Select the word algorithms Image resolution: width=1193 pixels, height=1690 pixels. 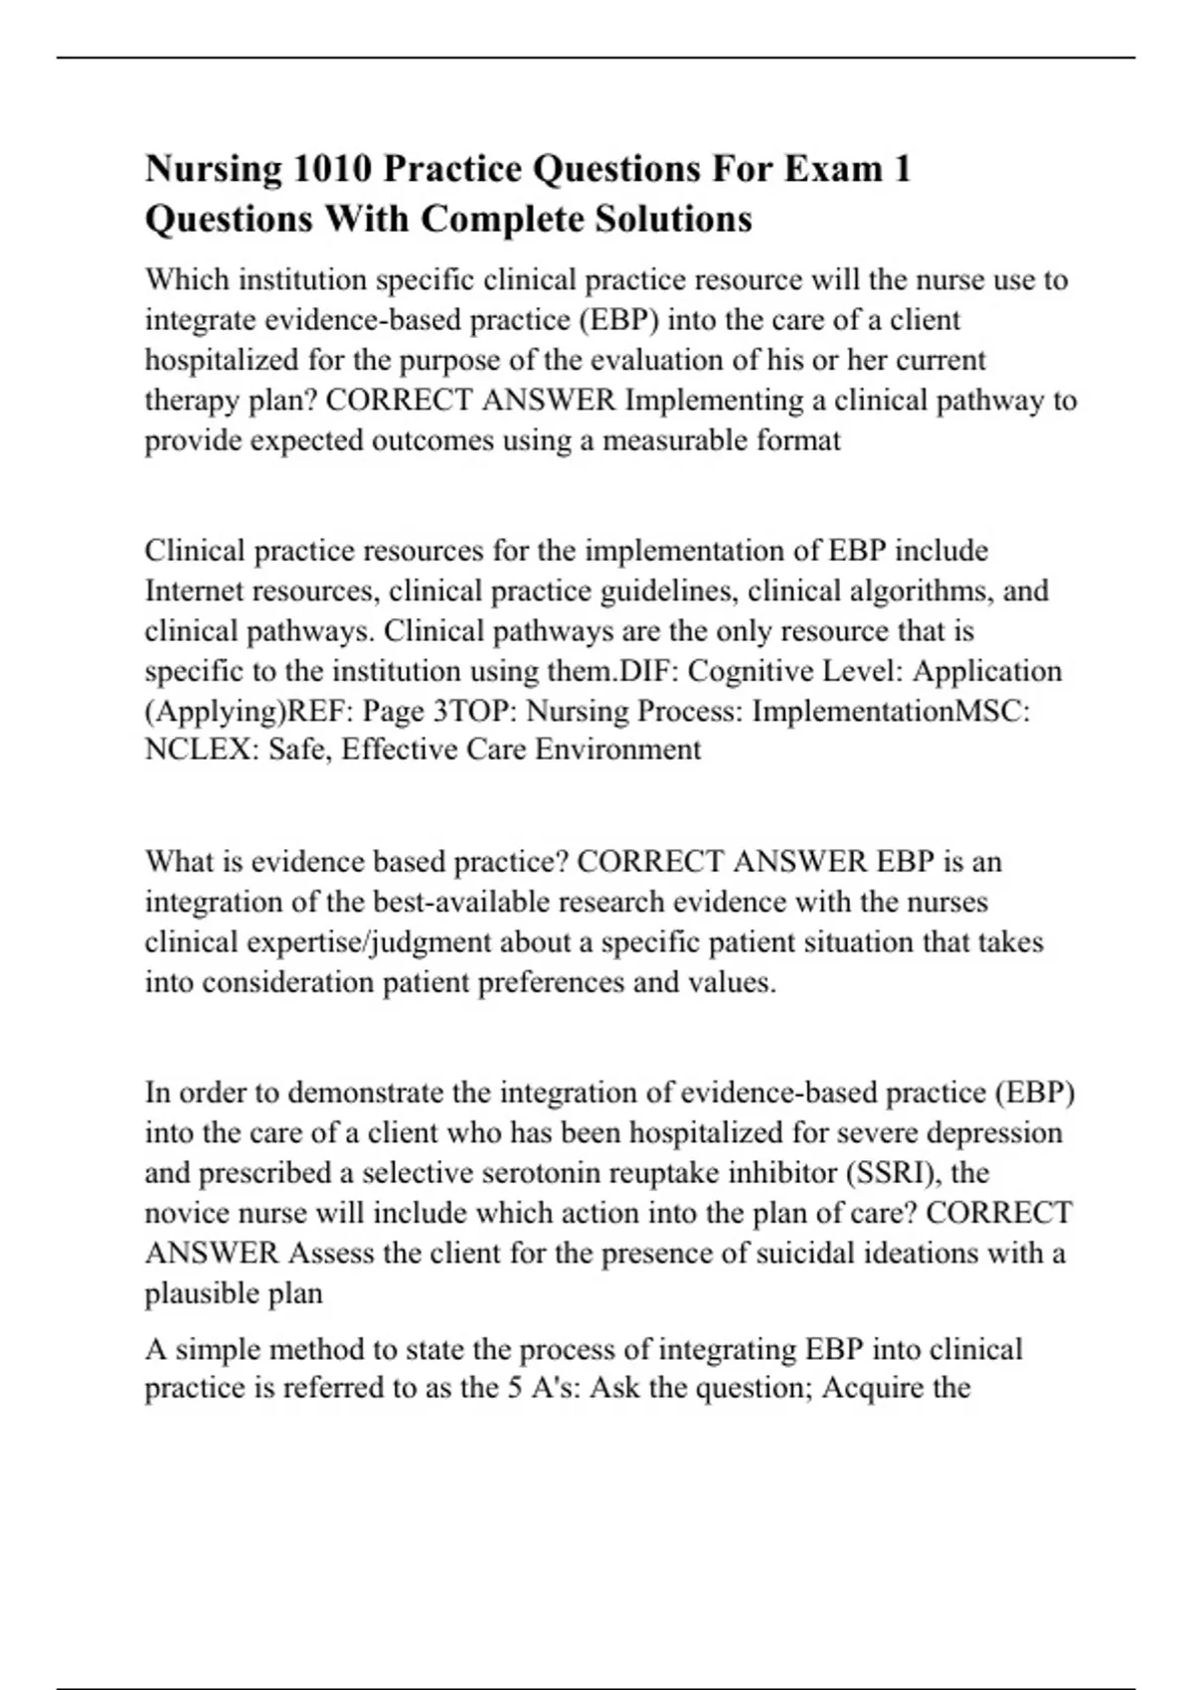[x=920, y=591]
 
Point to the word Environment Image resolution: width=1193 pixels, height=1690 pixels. [x=617, y=749]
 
